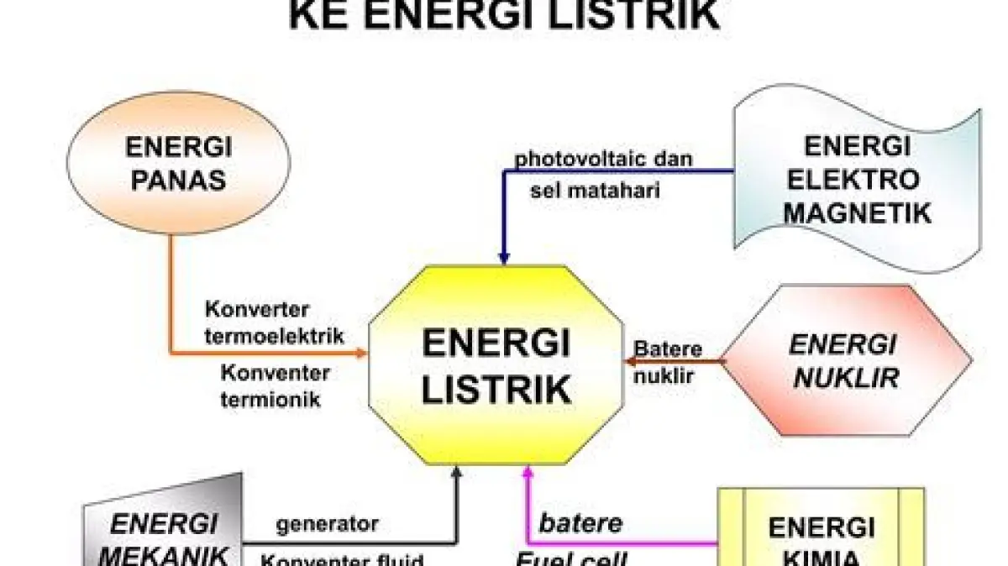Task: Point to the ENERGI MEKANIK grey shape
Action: click(164, 529)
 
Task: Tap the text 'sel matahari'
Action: click(595, 191)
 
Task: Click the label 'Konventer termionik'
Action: click(275, 385)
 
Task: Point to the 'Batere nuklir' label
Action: click(668, 362)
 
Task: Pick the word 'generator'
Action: click(328, 525)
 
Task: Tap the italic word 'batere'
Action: click(580, 524)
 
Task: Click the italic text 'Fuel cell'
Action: click(570, 558)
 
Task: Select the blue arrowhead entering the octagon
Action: click(504, 258)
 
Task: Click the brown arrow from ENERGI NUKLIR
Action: click(672, 362)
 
